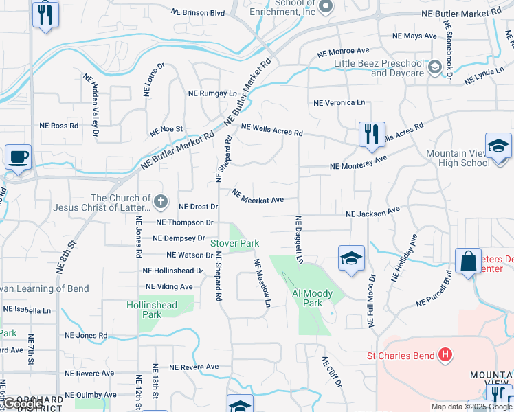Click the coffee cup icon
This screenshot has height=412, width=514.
[18, 157]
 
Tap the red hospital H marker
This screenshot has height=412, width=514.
[445, 355]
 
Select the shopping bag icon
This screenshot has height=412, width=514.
[468, 262]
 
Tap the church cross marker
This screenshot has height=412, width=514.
[160, 202]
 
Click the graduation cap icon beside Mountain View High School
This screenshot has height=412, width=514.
[498, 146]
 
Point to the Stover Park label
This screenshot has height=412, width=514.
[234, 243]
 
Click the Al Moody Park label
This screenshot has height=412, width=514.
[312, 298]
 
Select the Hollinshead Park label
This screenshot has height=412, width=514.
[151, 310]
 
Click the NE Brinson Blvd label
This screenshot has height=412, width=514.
[198, 12]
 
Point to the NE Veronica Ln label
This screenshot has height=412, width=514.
[339, 102]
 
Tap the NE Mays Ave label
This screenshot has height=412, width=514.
[414, 36]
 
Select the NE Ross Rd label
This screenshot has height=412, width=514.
[58, 126]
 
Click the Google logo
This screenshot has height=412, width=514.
[22, 404]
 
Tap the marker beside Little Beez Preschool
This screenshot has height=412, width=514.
[434, 67]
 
